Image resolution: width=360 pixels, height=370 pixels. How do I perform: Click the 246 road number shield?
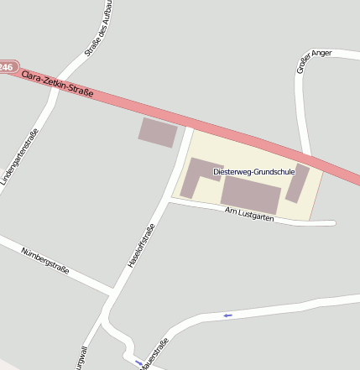point(7,65)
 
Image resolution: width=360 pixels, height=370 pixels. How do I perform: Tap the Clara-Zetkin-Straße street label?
point(58,82)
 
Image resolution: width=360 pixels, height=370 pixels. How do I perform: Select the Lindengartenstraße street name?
point(19,160)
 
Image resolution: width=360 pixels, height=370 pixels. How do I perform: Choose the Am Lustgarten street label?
point(249,216)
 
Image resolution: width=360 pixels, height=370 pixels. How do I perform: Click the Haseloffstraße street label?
point(141,247)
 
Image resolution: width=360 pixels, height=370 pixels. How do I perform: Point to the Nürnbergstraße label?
point(45,263)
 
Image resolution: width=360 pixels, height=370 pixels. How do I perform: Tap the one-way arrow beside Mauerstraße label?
point(138,362)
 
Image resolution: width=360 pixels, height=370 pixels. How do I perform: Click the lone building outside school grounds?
point(159,133)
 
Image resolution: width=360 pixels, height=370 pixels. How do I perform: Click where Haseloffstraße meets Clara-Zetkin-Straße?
point(190,126)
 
